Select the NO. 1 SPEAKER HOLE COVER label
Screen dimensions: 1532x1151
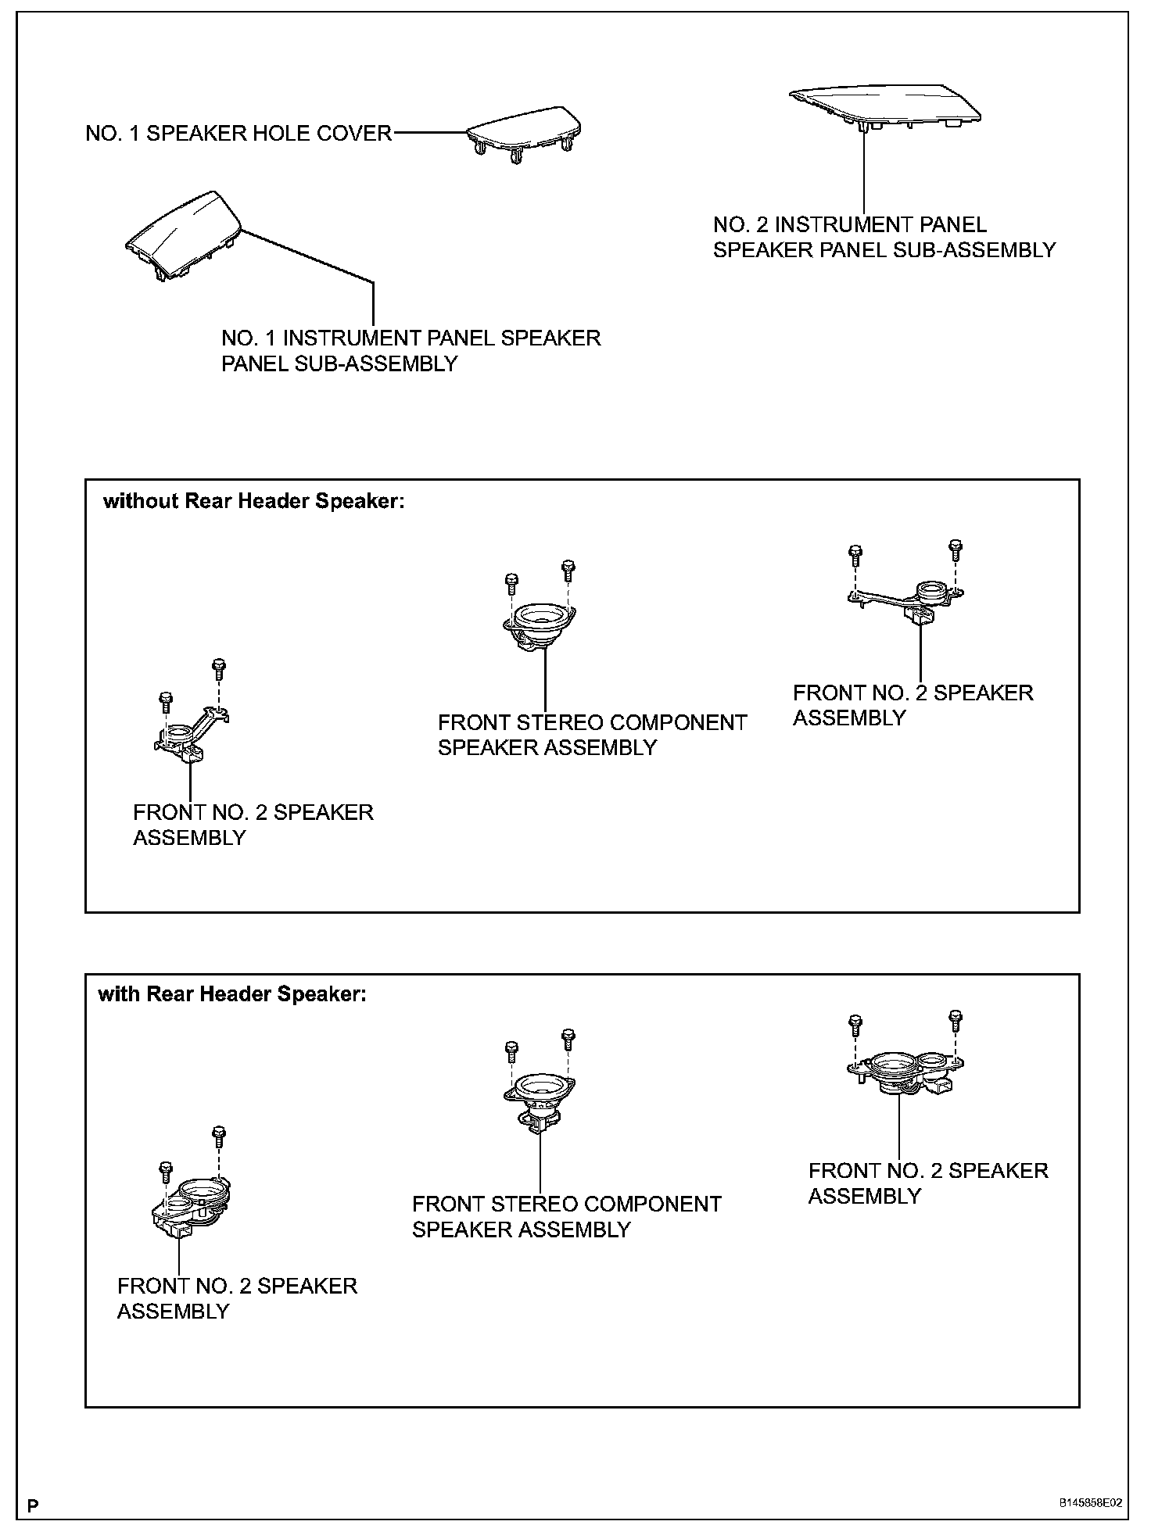click(x=238, y=134)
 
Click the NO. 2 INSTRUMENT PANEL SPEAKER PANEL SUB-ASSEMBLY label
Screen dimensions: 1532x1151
click(x=884, y=238)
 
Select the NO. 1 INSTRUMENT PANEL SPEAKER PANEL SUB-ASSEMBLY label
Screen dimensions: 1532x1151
click(x=411, y=351)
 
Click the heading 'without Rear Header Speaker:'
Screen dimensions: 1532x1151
click(x=254, y=501)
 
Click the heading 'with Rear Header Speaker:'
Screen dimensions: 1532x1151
click(x=232, y=994)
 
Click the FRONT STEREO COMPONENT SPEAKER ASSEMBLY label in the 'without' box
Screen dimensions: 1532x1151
click(x=592, y=735)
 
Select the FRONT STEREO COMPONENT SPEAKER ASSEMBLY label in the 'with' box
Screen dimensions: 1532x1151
click(x=566, y=1216)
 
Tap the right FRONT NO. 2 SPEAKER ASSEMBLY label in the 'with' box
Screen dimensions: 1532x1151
click(x=928, y=1183)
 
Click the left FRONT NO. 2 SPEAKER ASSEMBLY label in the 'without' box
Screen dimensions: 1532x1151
click(x=253, y=825)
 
